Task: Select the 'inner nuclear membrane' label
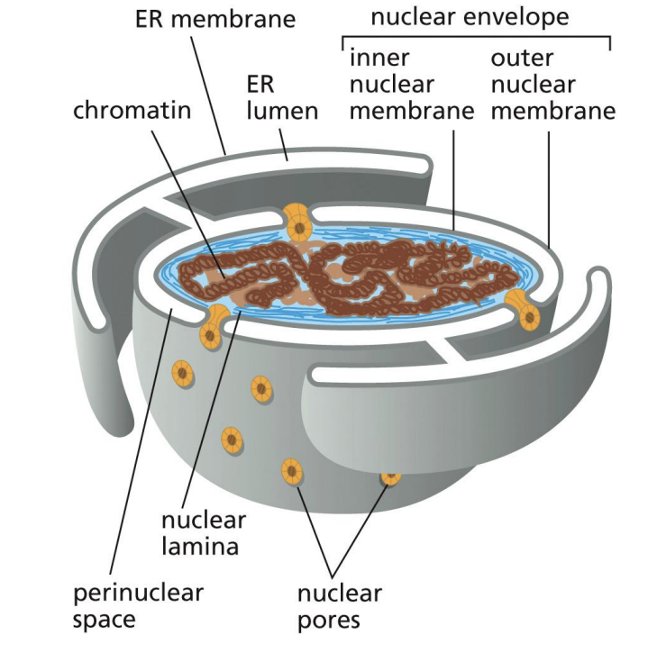click(410, 86)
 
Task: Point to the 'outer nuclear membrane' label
click(552, 86)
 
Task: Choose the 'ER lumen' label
click(281, 97)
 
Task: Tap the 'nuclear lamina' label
click(205, 532)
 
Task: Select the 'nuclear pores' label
click(340, 606)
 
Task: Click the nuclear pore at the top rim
click(296, 218)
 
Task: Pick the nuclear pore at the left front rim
click(213, 326)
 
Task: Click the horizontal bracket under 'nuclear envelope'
click(476, 37)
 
